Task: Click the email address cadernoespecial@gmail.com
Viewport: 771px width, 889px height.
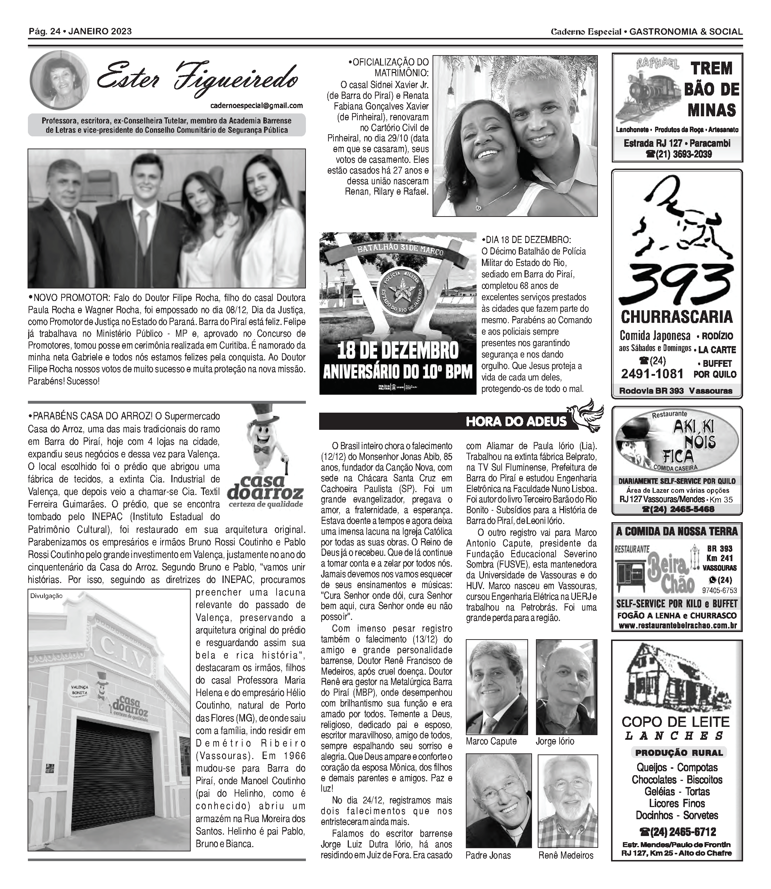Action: tap(257, 106)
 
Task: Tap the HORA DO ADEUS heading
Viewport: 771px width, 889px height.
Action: tap(516, 421)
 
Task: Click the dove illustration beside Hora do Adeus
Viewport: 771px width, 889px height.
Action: tap(586, 414)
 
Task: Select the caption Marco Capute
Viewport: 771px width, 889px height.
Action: tap(491, 741)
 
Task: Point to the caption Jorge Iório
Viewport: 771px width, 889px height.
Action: tap(555, 741)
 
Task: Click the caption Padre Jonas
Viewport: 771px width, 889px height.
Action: tap(488, 855)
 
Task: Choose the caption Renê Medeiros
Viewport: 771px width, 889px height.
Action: tap(565, 855)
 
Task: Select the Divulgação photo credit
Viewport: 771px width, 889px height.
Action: tap(47, 596)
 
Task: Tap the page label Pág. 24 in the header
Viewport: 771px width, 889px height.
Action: tap(43, 31)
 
